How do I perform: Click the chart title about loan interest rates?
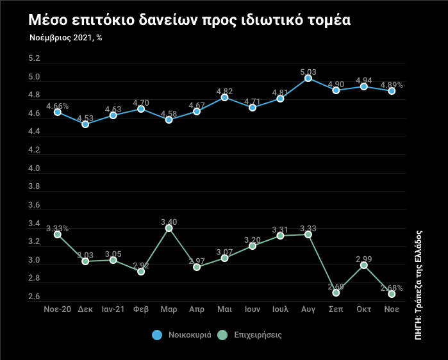[189, 20]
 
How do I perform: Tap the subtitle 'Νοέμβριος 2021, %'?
[65, 38]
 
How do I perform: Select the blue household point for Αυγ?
[308, 78]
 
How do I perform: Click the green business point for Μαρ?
[169, 228]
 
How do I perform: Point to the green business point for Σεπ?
[336, 293]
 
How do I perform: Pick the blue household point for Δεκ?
[85, 124]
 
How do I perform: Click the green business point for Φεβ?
[141, 272]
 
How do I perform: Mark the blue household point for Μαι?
[225, 97]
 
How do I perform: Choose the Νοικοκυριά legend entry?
[183, 334]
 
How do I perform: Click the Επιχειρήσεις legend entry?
[250, 334]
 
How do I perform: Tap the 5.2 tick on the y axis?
[35, 59]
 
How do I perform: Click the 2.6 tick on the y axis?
[35, 297]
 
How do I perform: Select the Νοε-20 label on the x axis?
[57, 309]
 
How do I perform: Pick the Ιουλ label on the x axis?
[280, 309]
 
